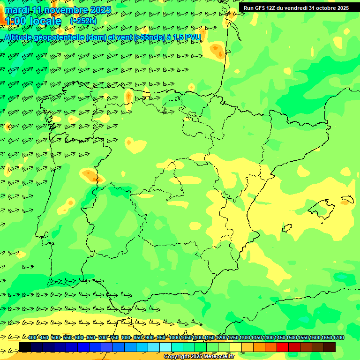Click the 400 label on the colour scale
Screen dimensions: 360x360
point(32,337)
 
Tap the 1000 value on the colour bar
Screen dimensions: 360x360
point(174,337)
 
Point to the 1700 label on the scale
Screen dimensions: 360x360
point(338,337)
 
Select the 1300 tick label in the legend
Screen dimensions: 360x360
point(245,337)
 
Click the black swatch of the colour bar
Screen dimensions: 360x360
point(25,347)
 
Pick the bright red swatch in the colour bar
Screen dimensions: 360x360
point(283,347)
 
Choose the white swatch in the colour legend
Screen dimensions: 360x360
point(165,347)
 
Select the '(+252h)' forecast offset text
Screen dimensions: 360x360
point(83,21)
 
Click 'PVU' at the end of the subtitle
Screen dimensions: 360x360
point(194,37)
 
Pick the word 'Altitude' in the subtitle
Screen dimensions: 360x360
point(20,37)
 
